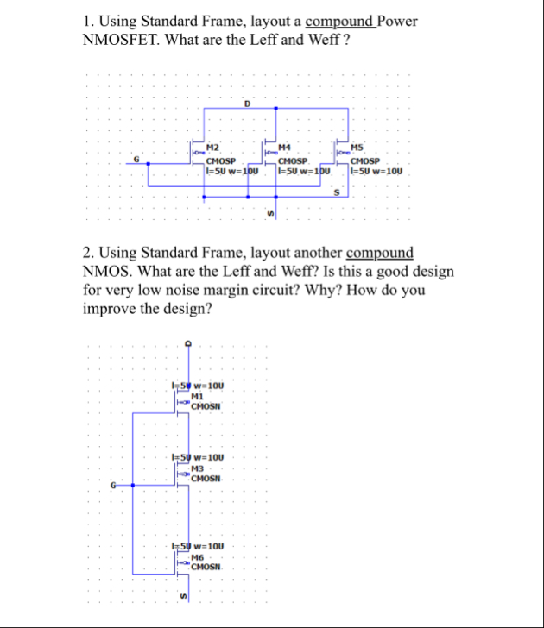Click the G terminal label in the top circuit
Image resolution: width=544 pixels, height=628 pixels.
[136, 159]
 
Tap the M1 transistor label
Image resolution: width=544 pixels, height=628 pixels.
[197, 395]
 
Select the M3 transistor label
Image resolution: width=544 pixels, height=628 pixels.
[197, 468]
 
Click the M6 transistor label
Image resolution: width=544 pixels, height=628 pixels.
[197, 556]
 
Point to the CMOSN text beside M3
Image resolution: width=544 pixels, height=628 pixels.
[207, 478]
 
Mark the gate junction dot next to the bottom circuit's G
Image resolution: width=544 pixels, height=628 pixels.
[132, 485]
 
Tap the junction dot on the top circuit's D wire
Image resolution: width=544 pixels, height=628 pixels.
[275, 109]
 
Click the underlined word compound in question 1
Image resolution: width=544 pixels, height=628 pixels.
[339, 21]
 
